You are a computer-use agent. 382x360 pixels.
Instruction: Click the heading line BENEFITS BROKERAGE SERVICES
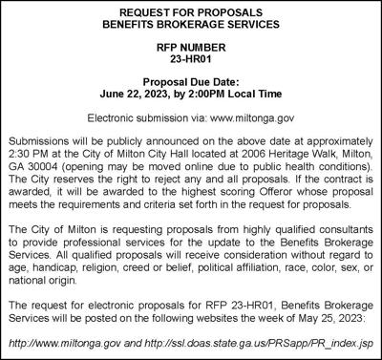tap(191, 27)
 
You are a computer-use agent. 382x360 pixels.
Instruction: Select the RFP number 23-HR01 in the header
tap(191, 61)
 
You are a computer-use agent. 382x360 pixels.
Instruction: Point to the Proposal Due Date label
tap(191, 82)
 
